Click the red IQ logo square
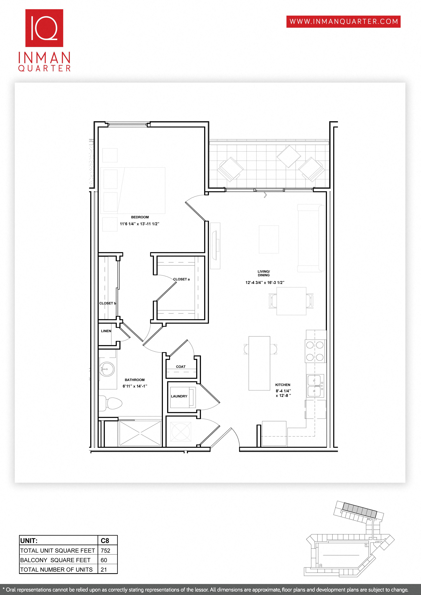point(44,28)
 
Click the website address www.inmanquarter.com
point(343,22)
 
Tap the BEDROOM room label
point(140,217)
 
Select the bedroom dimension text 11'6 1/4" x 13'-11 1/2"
point(139,224)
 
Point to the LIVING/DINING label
point(263,273)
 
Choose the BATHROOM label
point(135,380)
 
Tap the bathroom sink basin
point(107,369)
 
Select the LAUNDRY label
point(179,396)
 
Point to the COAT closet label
point(181,367)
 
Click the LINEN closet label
point(106,331)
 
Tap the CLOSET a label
point(181,279)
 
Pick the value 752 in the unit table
point(106,550)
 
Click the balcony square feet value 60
point(104,560)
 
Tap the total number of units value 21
point(104,570)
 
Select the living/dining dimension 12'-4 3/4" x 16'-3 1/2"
point(265,282)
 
